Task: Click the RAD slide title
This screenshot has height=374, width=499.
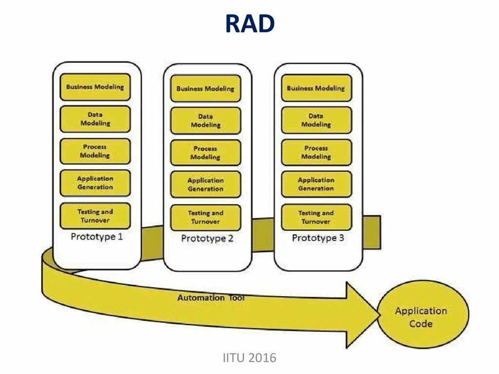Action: (249, 24)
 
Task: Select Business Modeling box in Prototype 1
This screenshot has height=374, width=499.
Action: (95, 87)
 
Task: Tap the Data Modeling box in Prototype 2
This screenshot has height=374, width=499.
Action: (205, 121)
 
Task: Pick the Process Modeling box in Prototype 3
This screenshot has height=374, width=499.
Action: (316, 152)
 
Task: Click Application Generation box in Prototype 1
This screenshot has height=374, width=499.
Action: (95, 183)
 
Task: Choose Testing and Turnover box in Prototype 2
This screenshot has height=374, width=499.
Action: (205, 217)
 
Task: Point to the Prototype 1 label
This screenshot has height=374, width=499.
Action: (96, 237)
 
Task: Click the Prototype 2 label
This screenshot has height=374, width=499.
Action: (207, 239)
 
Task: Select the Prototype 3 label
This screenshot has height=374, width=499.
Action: (318, 238)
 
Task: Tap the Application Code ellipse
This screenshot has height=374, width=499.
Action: (421, 317)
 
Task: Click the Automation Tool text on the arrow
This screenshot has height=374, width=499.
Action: (211, 298)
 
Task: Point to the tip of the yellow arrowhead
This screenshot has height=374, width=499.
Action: (379, 314)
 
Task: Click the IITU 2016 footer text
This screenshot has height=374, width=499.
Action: (249, 358)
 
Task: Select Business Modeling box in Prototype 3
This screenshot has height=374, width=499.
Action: (316, 88)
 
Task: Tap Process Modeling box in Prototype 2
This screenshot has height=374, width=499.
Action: (205, 153)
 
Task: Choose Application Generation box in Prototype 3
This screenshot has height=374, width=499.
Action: (316, 184)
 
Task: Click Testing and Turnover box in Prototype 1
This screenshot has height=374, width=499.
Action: (95, 216)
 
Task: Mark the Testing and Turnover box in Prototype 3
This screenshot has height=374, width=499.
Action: (316, 217)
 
